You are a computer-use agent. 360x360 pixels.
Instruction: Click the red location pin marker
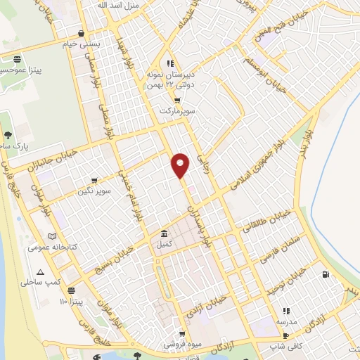pos(181,165)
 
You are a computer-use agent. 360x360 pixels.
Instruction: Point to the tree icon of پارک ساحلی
pos(7,135)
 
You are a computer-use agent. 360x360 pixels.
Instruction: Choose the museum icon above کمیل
pos(164,233)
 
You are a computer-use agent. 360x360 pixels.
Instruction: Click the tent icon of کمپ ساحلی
pos(40,273)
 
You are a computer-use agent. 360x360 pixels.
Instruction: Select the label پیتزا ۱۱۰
pos(72,301)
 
